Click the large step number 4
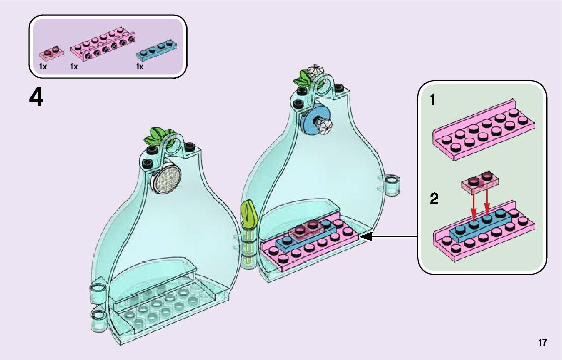[36, 97]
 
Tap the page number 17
[543, 342]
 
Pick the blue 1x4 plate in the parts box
[158, 48]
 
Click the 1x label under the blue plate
[140, 67]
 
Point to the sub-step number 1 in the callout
[433, 101]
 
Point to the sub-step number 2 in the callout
[434, 199]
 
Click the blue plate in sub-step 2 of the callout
[485, 224]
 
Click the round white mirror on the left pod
[168, 179]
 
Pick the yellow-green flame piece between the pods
[249, 214]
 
